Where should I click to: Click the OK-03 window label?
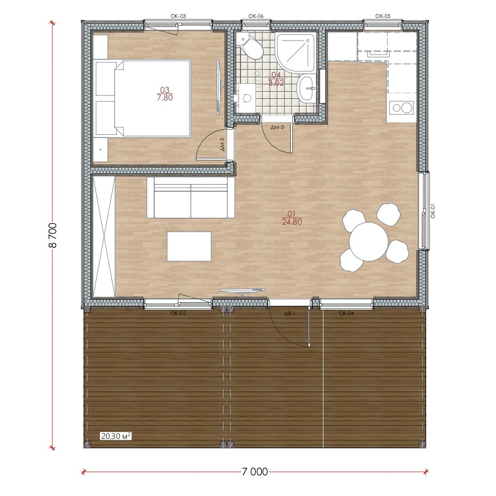pyautogui.click(x=178, y=16)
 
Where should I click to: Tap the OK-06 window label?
pyautogui.click(x=256, y=16)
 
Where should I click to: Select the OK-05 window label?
pyautogui.click(x=383, y=16)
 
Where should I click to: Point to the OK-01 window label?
pyautogui.click(x=433, y=211)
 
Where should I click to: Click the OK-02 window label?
pyautogui.click(x=178, y=314)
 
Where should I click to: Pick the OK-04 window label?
pyautogui.click(x=346, y=314)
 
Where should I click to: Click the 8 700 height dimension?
pyautogui.click(x=53, y=235)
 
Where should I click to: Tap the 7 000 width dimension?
pyautogui.click(x=255, y=472)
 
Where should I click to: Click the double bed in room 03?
pyautogui.click(x=143, y=98)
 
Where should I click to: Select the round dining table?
pyautogui.click(x=369, y=242)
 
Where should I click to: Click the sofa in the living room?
pyautogui.click(x=191, y=198)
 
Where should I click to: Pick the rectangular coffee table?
pyautogui.click(x=189, y=246)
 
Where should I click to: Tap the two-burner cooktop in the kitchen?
pyautogui.click(x=401, y=108)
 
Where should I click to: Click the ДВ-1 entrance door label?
pyautogui.click(x=289, y=314)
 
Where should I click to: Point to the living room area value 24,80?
pyautogui.click(x=292, y=222)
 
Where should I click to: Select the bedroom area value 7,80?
pyautogui.click(x=165, y=98)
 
